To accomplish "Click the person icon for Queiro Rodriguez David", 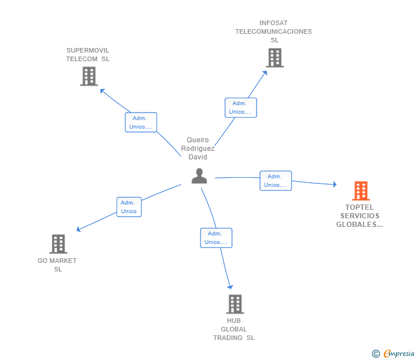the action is [x=199, y=176].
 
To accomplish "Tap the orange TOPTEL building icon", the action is [x=361, y=191].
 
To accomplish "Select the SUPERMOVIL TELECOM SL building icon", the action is [x=89, y=77].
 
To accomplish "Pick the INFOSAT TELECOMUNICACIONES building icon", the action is [x=275, y=58].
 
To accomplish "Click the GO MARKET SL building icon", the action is [x=58, y=244].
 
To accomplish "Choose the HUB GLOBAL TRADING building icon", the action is [x=235, y=304].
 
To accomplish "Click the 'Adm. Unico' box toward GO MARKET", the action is [x=129, y=207].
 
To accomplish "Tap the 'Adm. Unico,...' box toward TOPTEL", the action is [x=275, y=181].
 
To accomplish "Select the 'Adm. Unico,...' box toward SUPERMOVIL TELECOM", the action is [x=141, y=122].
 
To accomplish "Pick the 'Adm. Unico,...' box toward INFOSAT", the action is [x=241, y=107].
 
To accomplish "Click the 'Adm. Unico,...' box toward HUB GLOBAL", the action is [x=216, y=238].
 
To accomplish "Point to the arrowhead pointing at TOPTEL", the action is [x=335, y=184].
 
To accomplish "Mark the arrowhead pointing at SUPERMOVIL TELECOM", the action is [x=102, y=91].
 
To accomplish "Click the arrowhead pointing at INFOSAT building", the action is [x=265, y=73].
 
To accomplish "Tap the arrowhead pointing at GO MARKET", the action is [x=78, y=229].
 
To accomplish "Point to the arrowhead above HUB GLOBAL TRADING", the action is [x=230, y=287].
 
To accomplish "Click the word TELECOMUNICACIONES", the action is [x=274, y=31].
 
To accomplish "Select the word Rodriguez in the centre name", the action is [x=198, y=149].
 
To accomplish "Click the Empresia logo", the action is [x=393, y=353].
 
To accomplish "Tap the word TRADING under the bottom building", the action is [x=228, y=338].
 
